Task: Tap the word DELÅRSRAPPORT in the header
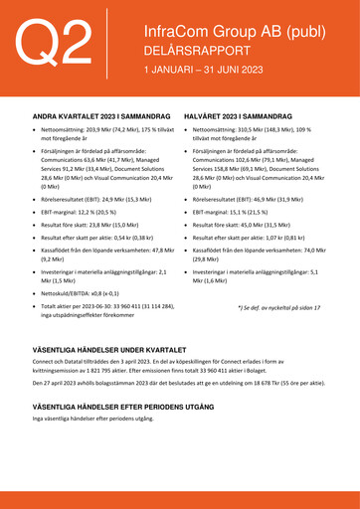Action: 191,51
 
